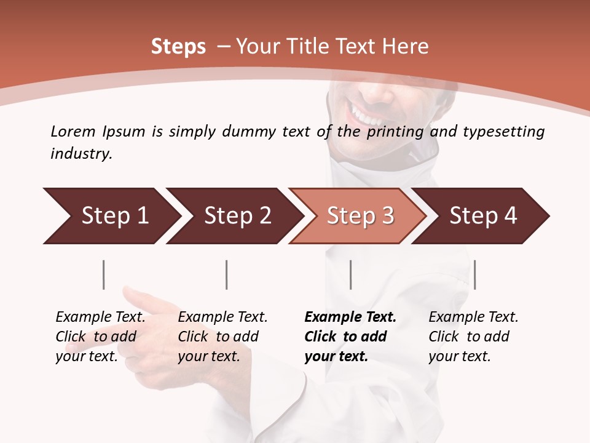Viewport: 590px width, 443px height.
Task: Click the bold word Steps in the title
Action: (178, 47)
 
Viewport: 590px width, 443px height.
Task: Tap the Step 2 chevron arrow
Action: (234, 216)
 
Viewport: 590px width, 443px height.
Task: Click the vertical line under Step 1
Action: (103, 274)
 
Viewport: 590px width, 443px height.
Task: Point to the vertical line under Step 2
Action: (227, 274)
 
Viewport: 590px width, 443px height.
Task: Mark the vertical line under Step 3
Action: (350, 274)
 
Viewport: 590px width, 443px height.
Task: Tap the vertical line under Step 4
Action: (474, 274)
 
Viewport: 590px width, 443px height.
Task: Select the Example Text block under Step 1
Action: (100, 337)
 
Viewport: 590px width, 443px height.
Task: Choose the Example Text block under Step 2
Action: (222, 337)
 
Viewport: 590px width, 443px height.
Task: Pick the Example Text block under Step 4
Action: (473, 337)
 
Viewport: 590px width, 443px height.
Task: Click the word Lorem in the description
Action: (73, 131)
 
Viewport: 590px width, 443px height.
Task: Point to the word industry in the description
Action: (81, 154)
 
